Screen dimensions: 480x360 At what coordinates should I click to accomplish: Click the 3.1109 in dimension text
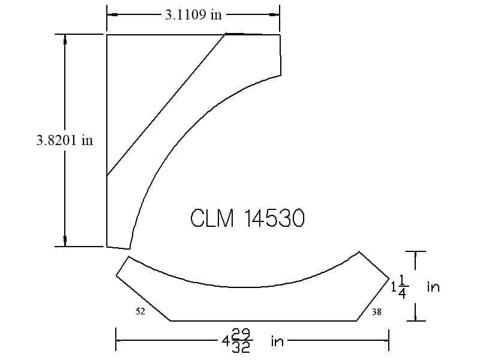pos(193,14)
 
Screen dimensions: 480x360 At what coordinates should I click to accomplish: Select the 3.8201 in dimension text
pos(65,140)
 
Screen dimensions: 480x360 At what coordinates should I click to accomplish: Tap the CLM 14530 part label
pos(247,218)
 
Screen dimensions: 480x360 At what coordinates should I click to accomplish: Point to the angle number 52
pos(140,311)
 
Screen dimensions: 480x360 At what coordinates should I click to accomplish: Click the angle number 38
pos(377,312)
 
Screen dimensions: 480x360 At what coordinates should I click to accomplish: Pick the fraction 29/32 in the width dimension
pos(241,340)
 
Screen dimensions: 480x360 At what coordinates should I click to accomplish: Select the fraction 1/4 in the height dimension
pos(403,287)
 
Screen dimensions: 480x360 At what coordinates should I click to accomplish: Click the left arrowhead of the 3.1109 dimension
pos(112,14)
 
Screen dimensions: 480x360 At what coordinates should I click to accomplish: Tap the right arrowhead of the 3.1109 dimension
pos(274,14)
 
